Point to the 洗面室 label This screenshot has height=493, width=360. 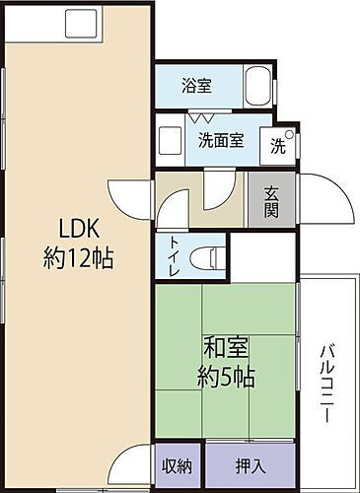pos(220,140)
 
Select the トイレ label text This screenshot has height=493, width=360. pos(175,257)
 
